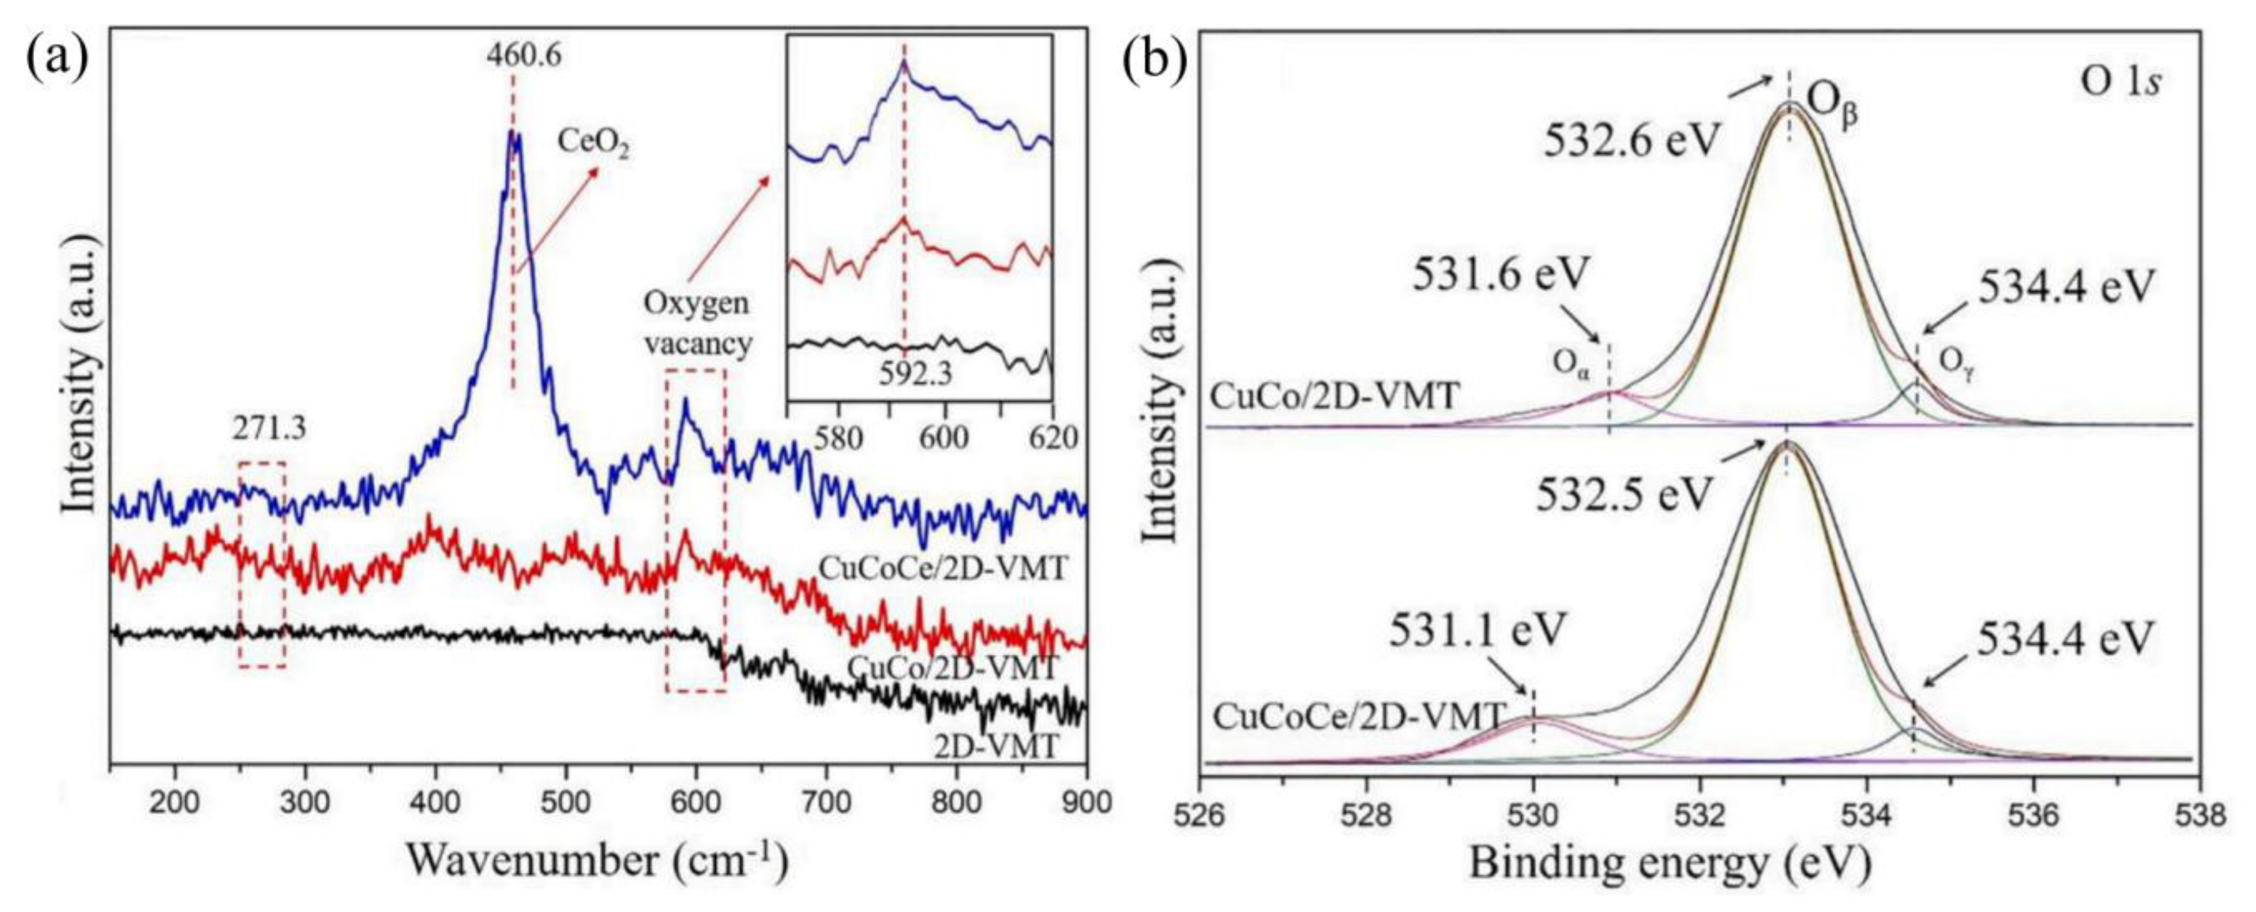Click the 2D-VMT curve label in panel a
click(x=997, y=746)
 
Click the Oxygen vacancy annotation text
click(x=698, y=323)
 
